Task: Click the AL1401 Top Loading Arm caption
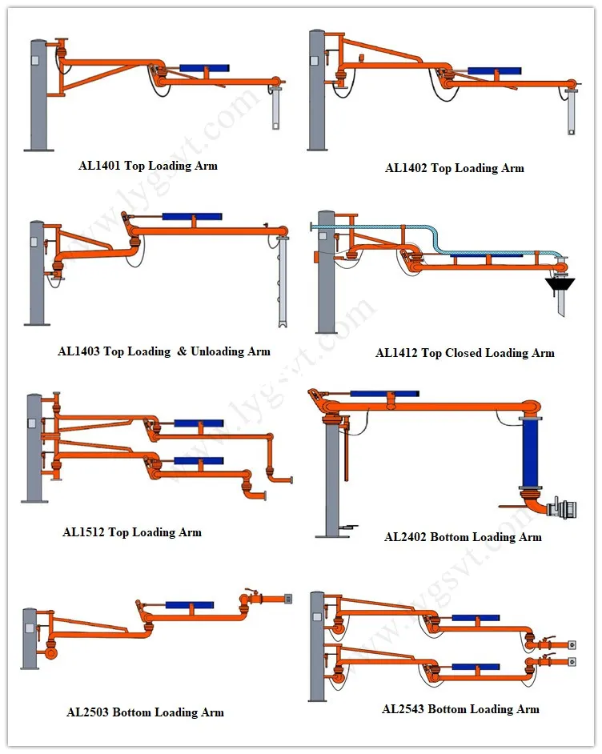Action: click(147, 166)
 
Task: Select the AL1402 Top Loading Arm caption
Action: click(454, 168)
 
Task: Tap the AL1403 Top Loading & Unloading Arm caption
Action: click(164, 351)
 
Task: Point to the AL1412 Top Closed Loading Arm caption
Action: click(464, 353)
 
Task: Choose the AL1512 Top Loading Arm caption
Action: click(132, 532)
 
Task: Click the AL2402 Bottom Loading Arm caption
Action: click(463, 537)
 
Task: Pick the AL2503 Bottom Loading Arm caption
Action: click(145, 712)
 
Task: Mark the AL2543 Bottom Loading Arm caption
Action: click(460, 709)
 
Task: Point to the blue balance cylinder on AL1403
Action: click(191, 216)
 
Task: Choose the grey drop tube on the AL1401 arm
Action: click(275, 107)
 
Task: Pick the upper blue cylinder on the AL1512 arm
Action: click(198, 422)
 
